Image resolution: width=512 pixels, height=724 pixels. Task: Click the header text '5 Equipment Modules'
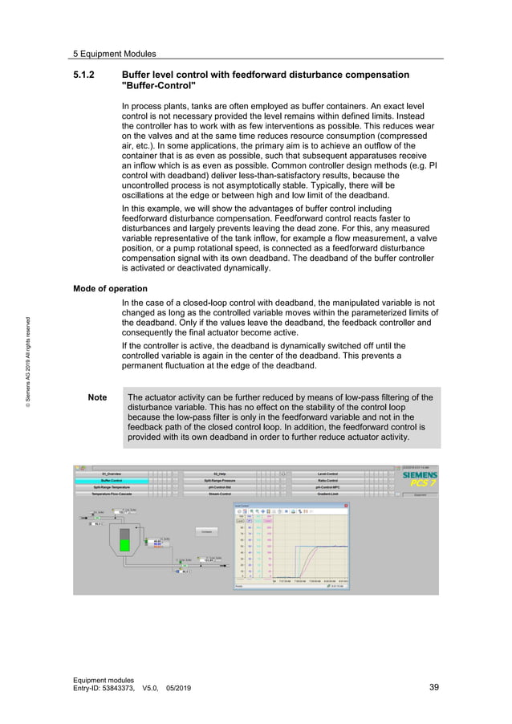pos(114,54)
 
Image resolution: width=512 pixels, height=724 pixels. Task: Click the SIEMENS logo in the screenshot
pos(419,475)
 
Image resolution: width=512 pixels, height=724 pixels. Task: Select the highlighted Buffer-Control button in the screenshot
pos(112,481)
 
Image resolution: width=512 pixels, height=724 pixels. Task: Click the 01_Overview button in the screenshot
pos(112,474)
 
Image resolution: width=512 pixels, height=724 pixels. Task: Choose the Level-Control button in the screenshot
pos(327,474)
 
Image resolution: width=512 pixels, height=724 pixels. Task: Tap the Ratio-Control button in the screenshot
pos(327,481)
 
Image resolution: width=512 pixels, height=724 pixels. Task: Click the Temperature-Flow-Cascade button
pos(112,494)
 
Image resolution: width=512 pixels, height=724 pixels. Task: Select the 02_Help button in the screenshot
pos(220,474)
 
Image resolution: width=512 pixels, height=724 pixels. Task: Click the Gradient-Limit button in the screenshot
pos(327,494)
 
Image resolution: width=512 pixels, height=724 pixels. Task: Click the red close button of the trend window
pos(346,506)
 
